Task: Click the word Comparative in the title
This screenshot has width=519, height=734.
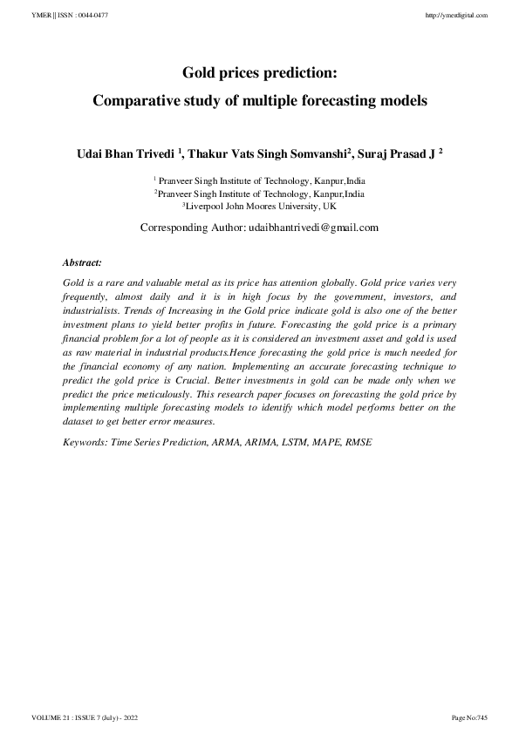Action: [145, 101]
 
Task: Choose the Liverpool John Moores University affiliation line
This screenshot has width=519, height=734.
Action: [259, 207]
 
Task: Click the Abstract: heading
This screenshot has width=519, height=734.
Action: [83, 262]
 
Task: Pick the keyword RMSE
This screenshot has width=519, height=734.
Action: [359, 443]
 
